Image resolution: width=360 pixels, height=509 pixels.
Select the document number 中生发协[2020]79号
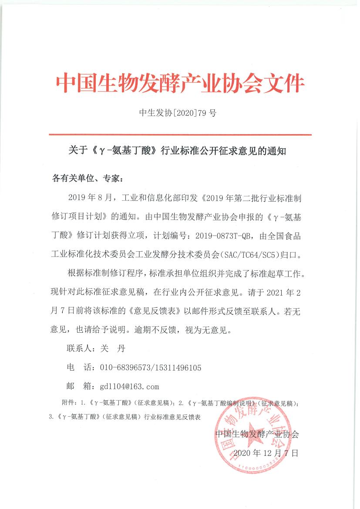click(178, 114)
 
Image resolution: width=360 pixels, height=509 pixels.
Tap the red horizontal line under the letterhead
click(180, 135)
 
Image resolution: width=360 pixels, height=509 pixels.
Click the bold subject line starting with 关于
click(179, 152)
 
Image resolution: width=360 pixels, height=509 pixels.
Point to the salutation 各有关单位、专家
click(88, 179)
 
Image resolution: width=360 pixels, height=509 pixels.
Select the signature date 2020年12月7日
click(266, 453)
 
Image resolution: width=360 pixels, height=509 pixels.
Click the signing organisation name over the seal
click(257, 434)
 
